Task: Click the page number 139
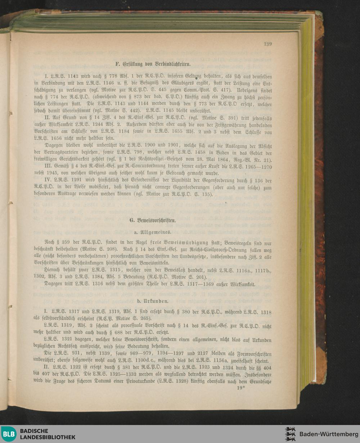point(267,44)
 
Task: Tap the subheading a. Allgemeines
point(150,232)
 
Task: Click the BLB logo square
point(9,434)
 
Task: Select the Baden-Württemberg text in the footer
point(329,434)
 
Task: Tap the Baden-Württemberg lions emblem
point(290,434)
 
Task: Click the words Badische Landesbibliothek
point(48,434)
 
